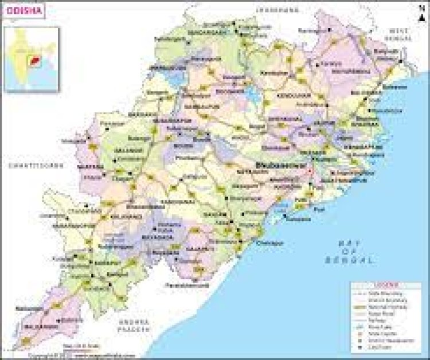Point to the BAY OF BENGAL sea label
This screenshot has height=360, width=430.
355,252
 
